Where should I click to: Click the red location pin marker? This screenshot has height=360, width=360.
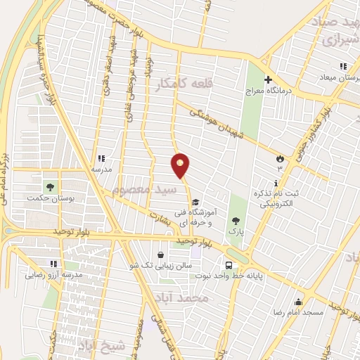coord(181,165)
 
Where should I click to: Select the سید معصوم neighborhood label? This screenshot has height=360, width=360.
coord(140,190)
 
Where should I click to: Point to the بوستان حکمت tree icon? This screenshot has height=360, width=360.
coord(50,187)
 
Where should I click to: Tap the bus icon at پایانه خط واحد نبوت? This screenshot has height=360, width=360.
coord(229,265)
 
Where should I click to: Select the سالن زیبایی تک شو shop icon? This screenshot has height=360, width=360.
coord(162,255)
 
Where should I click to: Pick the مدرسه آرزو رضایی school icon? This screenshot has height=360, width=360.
coord(53,264)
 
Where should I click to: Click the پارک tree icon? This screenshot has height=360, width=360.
coord(236,220)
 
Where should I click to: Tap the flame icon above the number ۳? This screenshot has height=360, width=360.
coord(279,158)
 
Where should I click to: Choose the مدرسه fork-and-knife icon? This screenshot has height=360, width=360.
coord(101,159)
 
